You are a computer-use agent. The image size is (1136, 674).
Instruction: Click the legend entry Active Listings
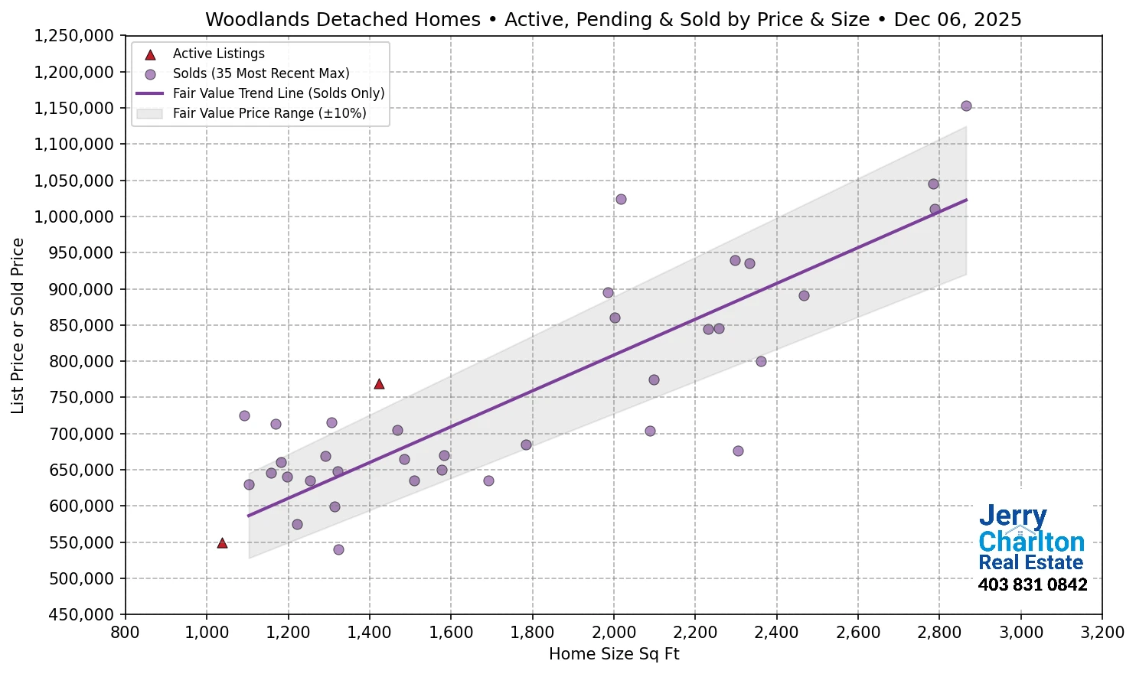point(218,54)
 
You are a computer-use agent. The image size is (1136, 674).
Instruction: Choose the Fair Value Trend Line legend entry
point(278,93)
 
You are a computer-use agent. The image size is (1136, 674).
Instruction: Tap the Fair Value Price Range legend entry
point(269,113)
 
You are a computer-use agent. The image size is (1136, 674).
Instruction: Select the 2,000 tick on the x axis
point(614,633)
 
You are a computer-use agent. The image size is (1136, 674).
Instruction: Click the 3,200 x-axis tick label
point(1102,633)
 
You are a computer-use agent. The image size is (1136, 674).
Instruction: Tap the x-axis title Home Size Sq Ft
point(614,654)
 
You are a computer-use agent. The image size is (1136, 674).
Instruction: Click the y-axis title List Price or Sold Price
point(18,326)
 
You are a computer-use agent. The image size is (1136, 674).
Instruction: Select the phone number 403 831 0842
point(1032,585)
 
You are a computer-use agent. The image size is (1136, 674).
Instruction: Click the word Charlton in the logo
point(1031,542)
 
